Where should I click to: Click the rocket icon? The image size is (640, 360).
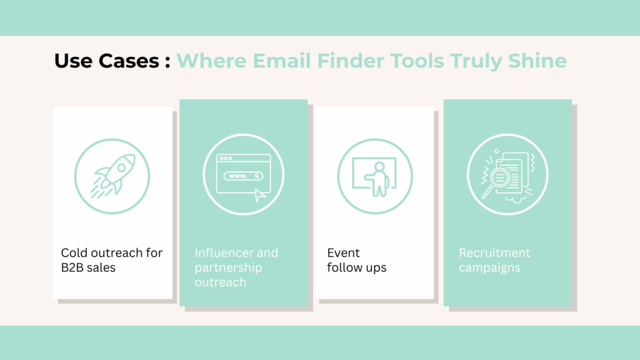pyautogui.click(x=112, y=176)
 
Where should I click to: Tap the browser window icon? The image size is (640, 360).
pyautogui.click(x=243, y=175)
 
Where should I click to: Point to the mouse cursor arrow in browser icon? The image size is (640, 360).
pyautogui.click(x=260, y=195)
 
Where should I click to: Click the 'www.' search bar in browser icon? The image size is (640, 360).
pyautogui.click(x=243, y=176)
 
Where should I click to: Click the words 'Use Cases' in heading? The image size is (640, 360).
pyautogui.click(x=106, y=61)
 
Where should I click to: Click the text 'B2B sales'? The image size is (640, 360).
pyautogui.click(x=88, y=268)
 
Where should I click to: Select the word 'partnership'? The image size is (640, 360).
pyautogui.click(x=228, y=268)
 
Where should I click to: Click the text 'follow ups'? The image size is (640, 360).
pyautogui.click(x=357, y=268)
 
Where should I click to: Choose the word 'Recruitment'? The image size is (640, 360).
pyautogui.click(x=495, y=253)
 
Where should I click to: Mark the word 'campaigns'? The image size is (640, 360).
pyautogui.click(x=489, y=268)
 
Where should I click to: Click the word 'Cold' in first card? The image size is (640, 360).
pyautogui.click(x=73, y=253)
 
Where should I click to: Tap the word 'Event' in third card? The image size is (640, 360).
pyautogui.click(x=344, y=253)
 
